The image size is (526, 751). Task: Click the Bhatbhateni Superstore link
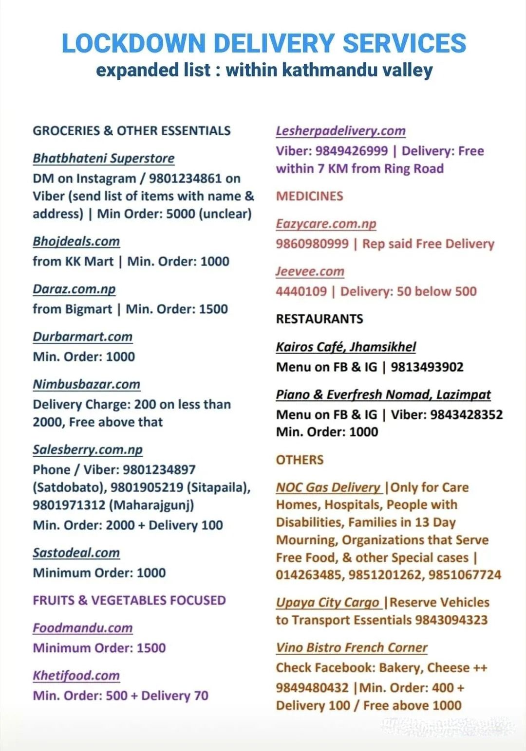(x=103, y=159)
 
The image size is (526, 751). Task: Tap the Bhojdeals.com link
(x=76, y=242)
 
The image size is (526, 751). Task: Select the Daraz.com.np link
(x=74, y=289)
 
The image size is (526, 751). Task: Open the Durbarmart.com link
(x=82, y=337)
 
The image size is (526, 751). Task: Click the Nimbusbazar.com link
(x=86, y=385)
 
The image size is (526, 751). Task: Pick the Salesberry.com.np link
(x=88, y=450)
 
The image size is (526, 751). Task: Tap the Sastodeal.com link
(x=76, y=553)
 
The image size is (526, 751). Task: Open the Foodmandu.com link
(x=82, y=628)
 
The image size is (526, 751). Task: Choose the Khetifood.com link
(x=76, y=676)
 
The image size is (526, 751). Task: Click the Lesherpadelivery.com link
(x=340, y=131)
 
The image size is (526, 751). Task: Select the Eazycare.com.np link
(x=326, y=224)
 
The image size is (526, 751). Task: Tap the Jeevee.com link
(x=310, y=272)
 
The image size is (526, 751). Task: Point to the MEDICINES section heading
(x=309, y=196)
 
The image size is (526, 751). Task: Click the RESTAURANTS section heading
(x=319, y=319)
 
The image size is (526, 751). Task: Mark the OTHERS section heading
(x=300, y=460)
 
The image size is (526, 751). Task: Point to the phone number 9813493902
(x=427, y=367)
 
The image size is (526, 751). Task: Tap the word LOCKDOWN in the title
(x=133, y=43)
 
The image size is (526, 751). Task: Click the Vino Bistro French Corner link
(x=351, y=648)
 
